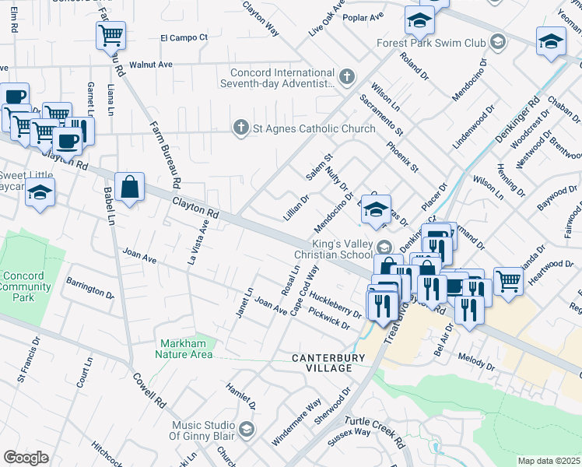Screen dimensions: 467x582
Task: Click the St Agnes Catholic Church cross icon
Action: coord(241,128)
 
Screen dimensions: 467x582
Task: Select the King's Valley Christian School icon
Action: coord(384,248)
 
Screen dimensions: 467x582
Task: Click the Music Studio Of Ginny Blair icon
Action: coord(247,430)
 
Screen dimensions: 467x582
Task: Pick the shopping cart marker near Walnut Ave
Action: coord(110,34)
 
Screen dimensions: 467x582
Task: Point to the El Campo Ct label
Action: coord(184,37)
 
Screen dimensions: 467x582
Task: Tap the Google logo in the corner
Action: coord(26,458)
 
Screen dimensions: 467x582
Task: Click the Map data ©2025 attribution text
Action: coord(549,461)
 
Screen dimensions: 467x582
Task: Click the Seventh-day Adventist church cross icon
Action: coord(347,77)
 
